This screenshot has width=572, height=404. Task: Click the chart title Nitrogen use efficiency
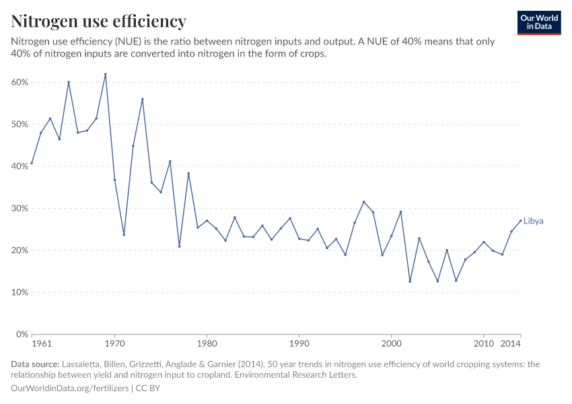[x=99, y=22]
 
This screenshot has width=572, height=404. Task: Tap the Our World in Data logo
[x=539, y=22]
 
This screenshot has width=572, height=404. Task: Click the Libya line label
[x=533, y=221]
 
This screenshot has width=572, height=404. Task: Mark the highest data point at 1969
[x=106, y=74]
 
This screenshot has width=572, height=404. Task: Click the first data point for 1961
[x=32, y=163]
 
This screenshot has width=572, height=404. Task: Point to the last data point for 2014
[x=520, y=220]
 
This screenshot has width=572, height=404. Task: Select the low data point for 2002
[x=410, y=281]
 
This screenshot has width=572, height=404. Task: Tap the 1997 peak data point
[x=363, y=202]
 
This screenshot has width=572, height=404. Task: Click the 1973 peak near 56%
[x=143, y=99]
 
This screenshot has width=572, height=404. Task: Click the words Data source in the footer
[x=36, y=364]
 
